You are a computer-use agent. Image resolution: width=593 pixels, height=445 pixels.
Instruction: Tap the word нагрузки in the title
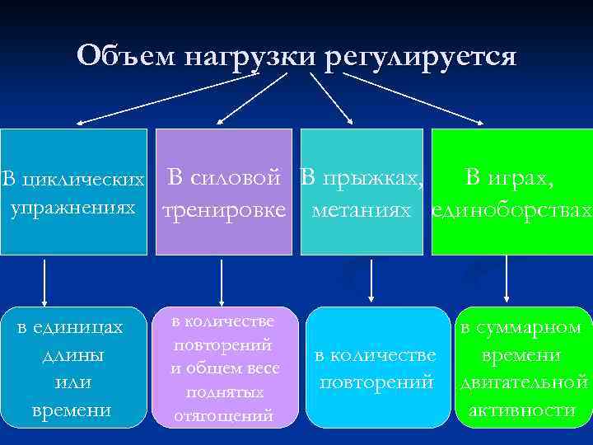(x=250, y=57)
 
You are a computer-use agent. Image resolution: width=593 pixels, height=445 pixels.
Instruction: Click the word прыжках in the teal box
(x=371, y=176)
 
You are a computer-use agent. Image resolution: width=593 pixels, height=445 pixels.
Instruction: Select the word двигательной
(x=524, y=382)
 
